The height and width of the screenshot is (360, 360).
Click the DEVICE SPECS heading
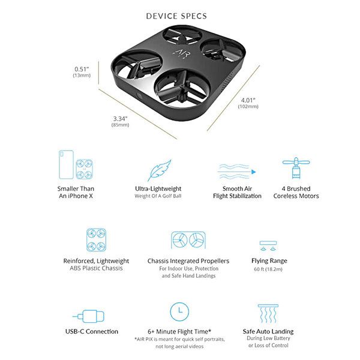click(x=176, y=16)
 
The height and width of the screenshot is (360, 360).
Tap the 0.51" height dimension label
click(x=82, y=69)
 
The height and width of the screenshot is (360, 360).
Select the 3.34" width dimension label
click(x=120, y=119)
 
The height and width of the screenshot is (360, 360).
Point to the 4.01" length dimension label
click(x=248, y=100)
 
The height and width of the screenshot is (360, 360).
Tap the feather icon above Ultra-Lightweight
click(x=160, y=170)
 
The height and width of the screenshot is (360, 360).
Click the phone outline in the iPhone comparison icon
click(x=66, y=164)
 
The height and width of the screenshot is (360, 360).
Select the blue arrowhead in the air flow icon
click(x=253, y=172)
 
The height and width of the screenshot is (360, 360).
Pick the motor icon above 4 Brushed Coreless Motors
click(x=296, y=168)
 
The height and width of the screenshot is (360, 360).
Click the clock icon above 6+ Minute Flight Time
click(x=179, y=311)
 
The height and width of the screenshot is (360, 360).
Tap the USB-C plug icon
click(x=89, y=316)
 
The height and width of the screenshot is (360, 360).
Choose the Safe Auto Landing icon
click(x=268, y=314)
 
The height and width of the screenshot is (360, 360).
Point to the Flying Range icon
click(x=268, y=245)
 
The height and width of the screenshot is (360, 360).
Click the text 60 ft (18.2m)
click(x=268, y=269)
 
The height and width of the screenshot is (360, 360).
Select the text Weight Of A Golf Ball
click(x=158, y=196)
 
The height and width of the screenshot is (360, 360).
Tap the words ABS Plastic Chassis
click(x=96, y=268)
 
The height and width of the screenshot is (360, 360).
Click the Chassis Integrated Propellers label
click(x=188, y=261)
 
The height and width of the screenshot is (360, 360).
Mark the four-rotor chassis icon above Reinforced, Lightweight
click(x=96, y=239)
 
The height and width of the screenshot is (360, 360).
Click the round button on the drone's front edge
click(x=139, y=97)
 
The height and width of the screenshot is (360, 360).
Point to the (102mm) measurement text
click(x=248, y=106)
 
